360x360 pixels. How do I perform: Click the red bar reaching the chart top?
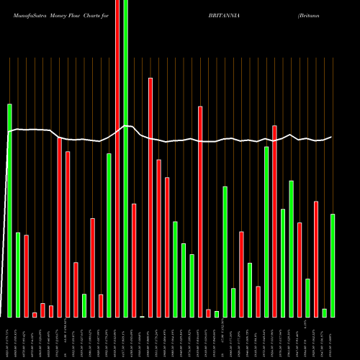point(117,158)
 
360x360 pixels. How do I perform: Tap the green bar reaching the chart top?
point(126,158)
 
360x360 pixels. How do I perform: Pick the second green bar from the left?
point(18,274)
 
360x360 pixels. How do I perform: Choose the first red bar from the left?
point(26,276)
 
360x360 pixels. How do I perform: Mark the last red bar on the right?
point(316,259)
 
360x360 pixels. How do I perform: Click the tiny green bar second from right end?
point(325,312)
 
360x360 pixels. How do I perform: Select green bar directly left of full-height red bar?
point(109,235)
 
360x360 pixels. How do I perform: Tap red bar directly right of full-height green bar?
point(134,260)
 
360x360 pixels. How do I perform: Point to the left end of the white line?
point(8,132)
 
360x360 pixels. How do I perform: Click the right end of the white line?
point(332,137)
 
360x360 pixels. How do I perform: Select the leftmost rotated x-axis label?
point(9,338)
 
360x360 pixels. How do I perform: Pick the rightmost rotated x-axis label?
point(333,338)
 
